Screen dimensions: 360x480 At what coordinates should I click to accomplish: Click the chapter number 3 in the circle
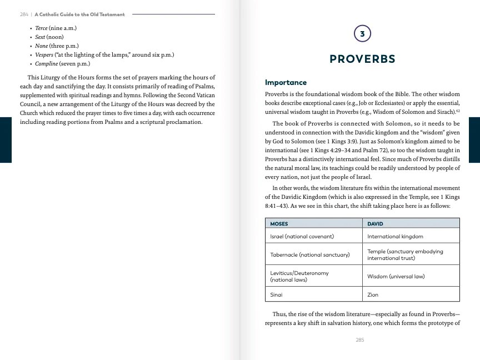pyautogui.click(x=362, y=34)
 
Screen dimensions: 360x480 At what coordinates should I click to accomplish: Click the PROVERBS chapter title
pyautogui.click(x=362, y=59)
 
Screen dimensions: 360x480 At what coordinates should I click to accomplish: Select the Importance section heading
pyautogui.click(x=286, y=82)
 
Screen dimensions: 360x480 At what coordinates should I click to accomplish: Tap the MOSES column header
pyautogui.click(x=279, y=224)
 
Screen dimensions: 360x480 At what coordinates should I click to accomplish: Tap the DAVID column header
pyautogui.click(x=376, y=224)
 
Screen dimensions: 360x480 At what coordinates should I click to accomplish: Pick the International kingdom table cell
pyautogui.click(x=395, y=237)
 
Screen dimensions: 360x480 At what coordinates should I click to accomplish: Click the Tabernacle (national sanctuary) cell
pyautogui.click(x=309, y=255)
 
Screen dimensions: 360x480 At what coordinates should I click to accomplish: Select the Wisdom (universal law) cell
pyautogui.click(x=396, y=276)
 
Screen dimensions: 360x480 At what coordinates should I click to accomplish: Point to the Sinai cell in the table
pyautogui.click(x=276, y=294)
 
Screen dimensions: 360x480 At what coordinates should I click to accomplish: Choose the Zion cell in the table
pyautogui.click(x=373, y=294)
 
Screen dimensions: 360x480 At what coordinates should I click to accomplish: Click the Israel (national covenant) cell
pyautogui.click(x=302, y=237)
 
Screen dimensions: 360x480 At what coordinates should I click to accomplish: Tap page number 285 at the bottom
pyautogui.click(x=360, y=339)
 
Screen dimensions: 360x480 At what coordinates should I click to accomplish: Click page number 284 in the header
pyautogui.click(x=24, y=14)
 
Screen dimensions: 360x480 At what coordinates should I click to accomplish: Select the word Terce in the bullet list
pyautogui.click(x=42, y=28)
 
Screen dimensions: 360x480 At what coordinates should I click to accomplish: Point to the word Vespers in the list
pyautogui.click(x=44, y=54)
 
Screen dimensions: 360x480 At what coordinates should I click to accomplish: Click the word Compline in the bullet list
pyautogui.click(x=47, y=63)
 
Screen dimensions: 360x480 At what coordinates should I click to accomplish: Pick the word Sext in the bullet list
pyautogui.click(x=40, y=37)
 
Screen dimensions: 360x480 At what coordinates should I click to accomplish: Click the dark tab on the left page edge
pyautogui.click(x=6, y=140)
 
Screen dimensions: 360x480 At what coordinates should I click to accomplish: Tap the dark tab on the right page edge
pyautogui.click(x=474, y=140)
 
